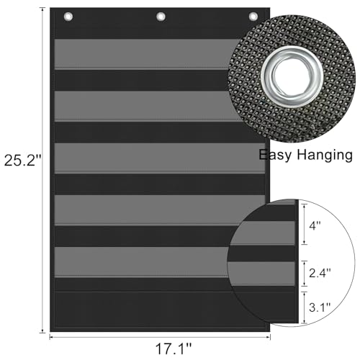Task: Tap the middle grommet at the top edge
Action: (x=161, y=16)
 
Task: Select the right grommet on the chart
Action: (x=253, y=16)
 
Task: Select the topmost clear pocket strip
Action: (x=144, y=55)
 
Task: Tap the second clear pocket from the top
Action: (x=144, y=105)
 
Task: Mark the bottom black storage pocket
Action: (x=144, y=310)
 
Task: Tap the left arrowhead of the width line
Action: (x=53, y=336)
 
